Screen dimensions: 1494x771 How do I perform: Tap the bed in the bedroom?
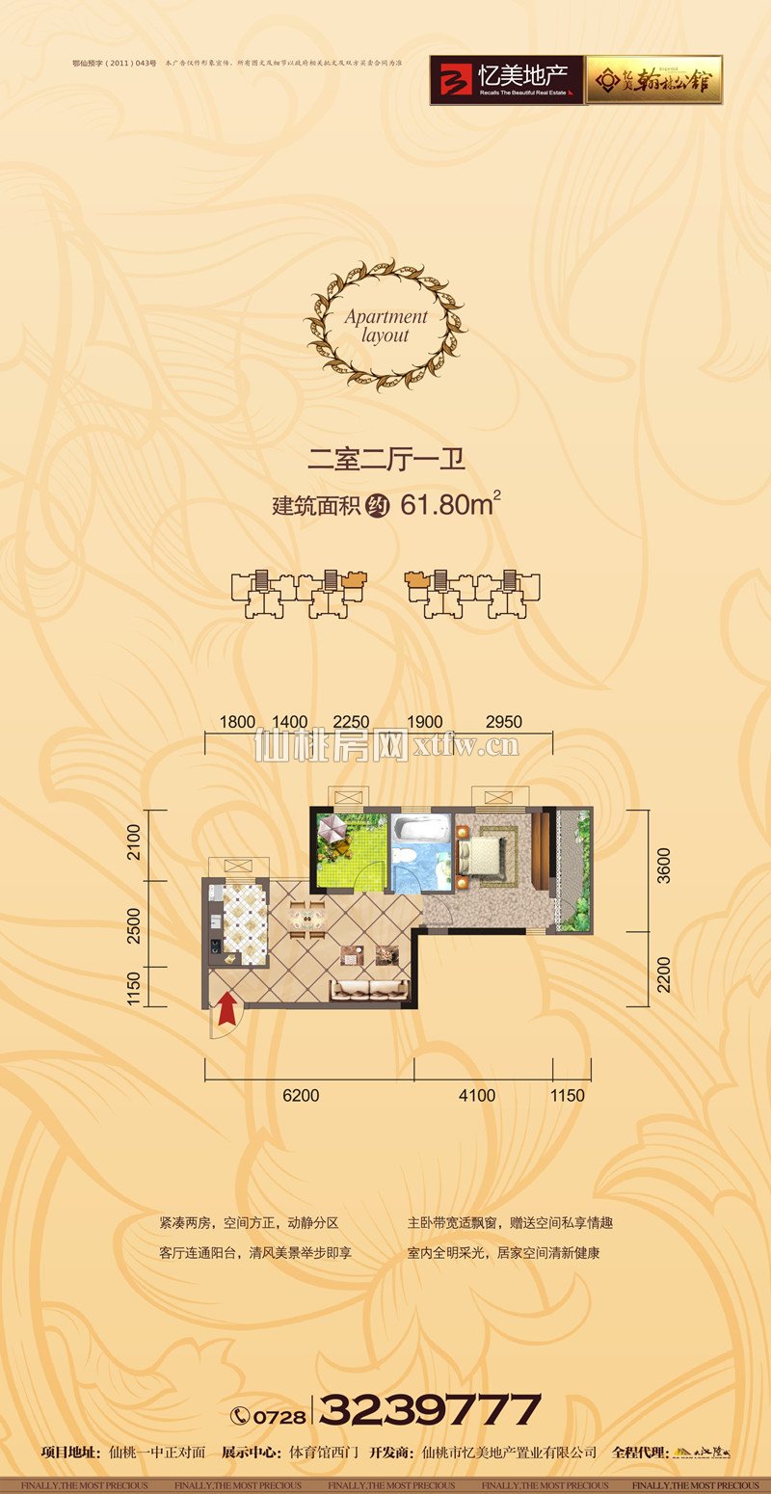(x=481, y=854)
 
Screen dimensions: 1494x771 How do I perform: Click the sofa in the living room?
(x=370, y=990)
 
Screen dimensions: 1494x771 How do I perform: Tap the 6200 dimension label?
(x=302, y=1095)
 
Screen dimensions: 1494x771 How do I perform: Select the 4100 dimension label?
(x=476, y=1095)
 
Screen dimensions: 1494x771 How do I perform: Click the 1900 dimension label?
(x=425, y=722)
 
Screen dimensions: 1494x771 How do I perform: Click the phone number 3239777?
(x=430, y=1410)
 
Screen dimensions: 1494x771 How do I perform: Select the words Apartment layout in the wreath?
(x=385, y=326)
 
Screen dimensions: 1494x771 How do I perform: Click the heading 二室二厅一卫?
(x=385, y=459)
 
